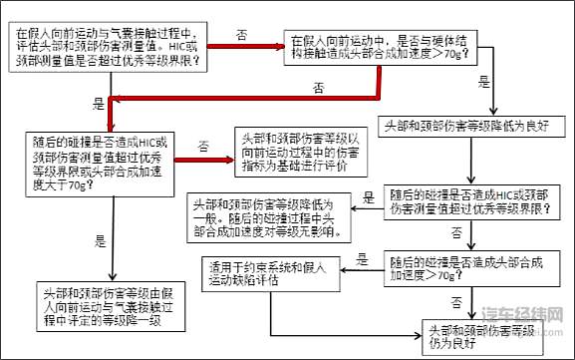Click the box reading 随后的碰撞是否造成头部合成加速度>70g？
click(x=466, y=267)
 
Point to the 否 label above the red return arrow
click(x=318, y=88)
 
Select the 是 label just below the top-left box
click(x=98, y=103)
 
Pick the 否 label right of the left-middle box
click(x=203, y=147)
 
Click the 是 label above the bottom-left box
click(x=100, y=240)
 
